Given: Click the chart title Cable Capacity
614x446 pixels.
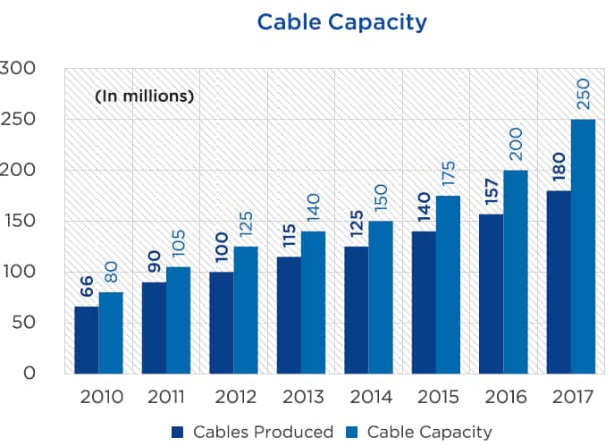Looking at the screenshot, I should point(342,21).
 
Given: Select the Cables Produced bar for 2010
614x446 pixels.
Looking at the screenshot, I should point(87,340).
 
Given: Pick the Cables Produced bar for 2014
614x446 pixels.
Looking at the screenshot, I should point(357,309).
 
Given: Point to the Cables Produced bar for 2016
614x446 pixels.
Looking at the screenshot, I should point(492,293).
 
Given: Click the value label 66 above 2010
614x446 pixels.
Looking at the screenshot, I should point(86,285).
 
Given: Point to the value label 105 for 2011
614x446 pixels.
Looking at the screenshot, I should point(178,243).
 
